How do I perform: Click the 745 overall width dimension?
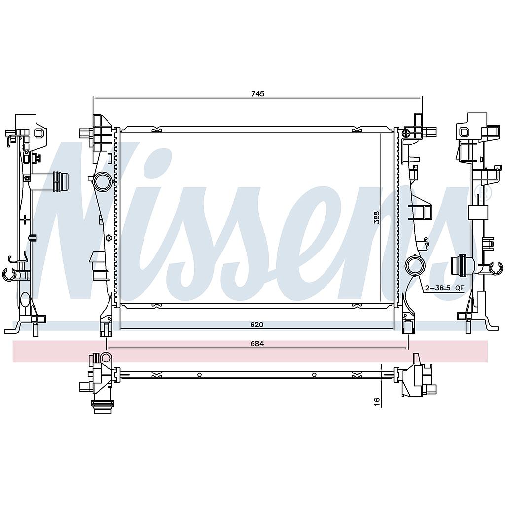coord(257,94)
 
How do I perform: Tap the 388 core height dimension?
coord(376,217)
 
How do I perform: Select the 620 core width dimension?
coord(256,325)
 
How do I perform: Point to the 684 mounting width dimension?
coord(257,344)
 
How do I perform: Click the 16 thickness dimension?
coord(377,401)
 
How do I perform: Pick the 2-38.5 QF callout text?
coord(444,288)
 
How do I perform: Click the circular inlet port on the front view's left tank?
coord(102,182)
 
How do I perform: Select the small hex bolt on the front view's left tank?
coord(108,238)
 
